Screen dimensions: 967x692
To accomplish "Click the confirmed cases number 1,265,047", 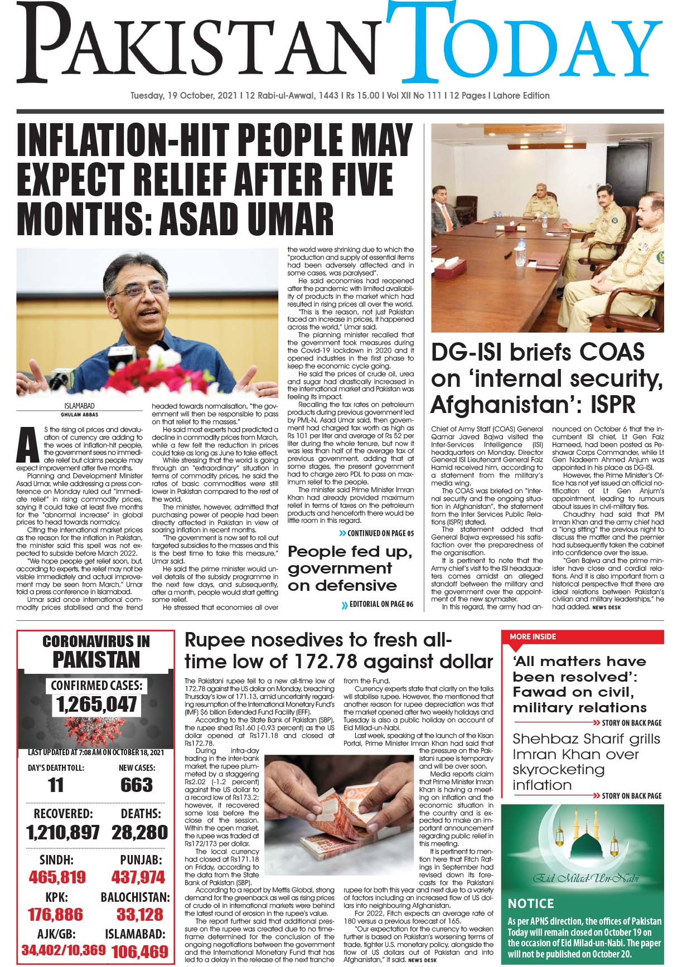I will click(96, 704).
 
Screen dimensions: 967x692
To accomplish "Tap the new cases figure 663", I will click(136, 785).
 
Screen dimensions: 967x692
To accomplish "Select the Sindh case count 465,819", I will click(57, 877).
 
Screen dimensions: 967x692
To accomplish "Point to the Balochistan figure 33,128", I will click(139, 914).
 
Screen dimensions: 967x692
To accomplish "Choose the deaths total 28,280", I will click(139, 832).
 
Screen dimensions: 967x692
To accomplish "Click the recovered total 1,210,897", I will click(62, 832).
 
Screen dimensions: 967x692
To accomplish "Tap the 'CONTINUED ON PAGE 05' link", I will click(376, 533).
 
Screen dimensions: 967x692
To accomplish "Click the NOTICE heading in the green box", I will click(531, 903).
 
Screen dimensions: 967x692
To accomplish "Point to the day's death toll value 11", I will click(56, 785).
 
